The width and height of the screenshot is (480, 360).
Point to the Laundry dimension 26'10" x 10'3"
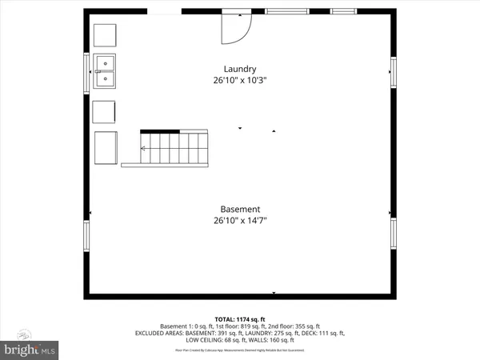click(240, 81)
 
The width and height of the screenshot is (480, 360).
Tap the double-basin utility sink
click(105, 70)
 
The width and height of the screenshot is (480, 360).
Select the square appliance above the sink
click(105, 36)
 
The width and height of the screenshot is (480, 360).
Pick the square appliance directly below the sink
click(104, 111)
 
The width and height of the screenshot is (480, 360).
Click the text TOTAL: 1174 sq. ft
click(240, 318)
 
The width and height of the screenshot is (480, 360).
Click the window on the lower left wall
click(87, 237)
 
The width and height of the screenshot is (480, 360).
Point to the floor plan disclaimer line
click(240, 350)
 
